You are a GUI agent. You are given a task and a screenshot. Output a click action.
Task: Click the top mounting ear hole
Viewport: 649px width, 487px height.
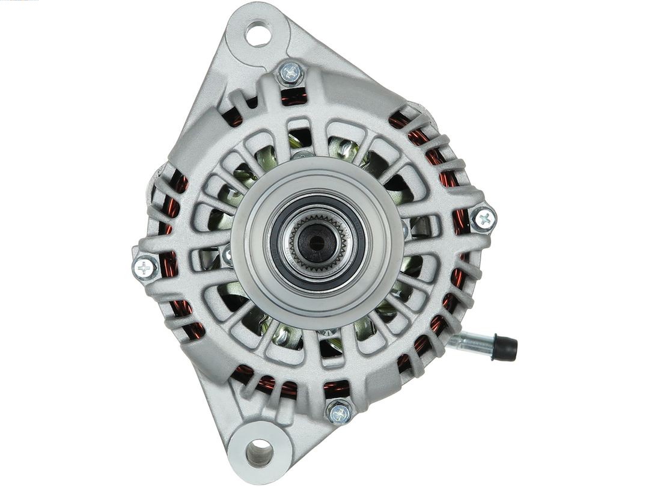click(x=258, y=34)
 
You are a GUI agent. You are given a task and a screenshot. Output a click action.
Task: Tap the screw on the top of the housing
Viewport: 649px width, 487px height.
click(x=291, y=73)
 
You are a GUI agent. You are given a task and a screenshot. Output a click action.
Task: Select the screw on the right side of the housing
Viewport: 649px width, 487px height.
click(x=484, y=218)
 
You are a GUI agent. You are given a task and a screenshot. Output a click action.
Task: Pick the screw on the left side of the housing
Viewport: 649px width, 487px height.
click(x=145, y=268)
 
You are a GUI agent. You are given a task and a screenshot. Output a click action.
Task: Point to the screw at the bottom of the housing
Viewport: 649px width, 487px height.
click(x=340, y=412)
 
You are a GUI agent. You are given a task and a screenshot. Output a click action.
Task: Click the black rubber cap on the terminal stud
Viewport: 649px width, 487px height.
click(x=504, y=348)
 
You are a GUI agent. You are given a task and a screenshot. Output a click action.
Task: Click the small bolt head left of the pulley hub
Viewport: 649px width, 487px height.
click(x=228, y=256)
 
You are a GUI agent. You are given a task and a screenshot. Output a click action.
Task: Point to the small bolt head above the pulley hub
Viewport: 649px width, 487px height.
click(x=302, y=155)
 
